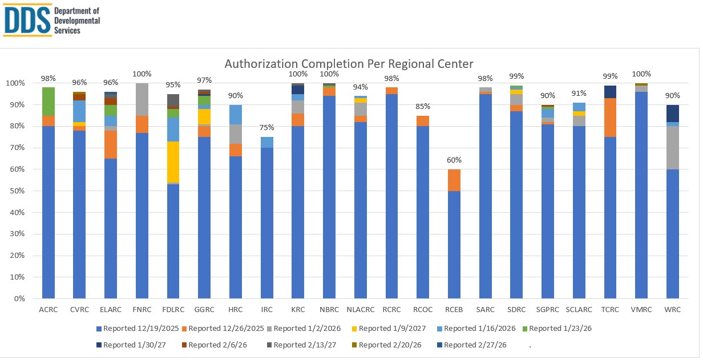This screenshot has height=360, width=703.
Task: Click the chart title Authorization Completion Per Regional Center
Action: coord(349,63)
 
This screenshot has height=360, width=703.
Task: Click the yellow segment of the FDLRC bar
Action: coord(173,162)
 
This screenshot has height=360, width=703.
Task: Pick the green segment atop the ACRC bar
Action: coord(48,102)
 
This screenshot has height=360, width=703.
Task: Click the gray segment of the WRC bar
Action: coord(672,147)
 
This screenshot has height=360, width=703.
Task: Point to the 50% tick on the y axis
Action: coord(16,191)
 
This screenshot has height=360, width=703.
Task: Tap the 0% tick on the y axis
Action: coord(18,299)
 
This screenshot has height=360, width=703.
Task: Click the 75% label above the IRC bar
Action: coord(266,128)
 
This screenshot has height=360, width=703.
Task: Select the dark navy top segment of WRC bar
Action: coord(672,113)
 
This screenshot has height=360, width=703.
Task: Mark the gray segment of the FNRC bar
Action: coord(142,99)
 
